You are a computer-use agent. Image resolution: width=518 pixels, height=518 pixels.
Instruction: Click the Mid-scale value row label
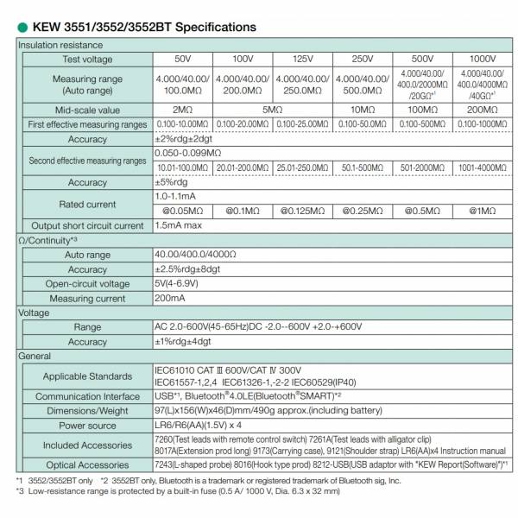(x=87, y=111)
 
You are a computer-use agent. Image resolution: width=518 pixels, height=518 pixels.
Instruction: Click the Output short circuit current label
(x=87, y=226)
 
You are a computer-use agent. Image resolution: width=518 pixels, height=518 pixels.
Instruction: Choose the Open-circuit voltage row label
(x=87, y=284)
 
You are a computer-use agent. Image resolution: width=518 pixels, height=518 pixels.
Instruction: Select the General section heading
(x=36, y=356)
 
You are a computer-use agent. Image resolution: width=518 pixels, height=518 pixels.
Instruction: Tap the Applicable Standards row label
(x=87, y=376)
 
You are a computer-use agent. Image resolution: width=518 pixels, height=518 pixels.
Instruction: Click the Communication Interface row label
(x=87, y=397)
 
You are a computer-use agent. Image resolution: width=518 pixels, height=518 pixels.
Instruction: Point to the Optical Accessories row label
(x=87, y=464)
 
